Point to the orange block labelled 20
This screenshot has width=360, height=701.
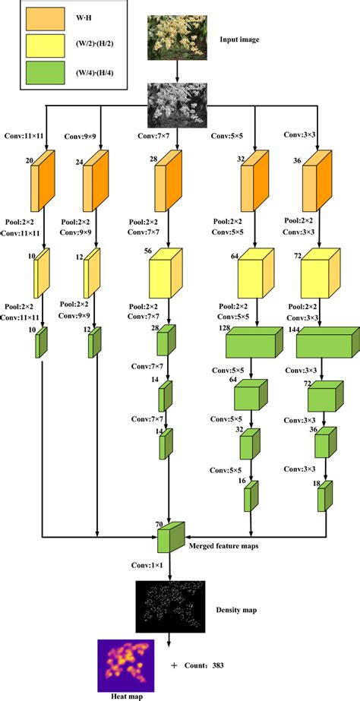pyautogui.click(x=45, y=181)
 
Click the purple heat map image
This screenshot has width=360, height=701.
pyautogui.click(x=126, y=664)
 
